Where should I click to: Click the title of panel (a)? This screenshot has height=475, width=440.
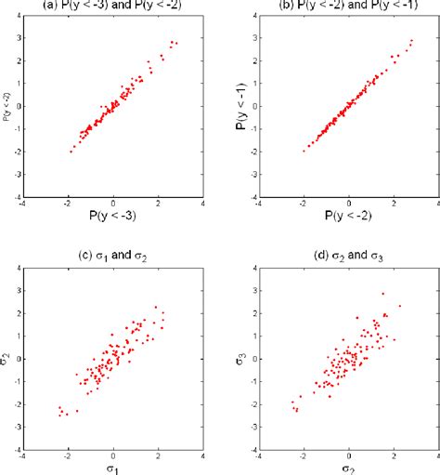tap(113, 6)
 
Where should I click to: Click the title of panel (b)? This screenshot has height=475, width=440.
tap(349, 6)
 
